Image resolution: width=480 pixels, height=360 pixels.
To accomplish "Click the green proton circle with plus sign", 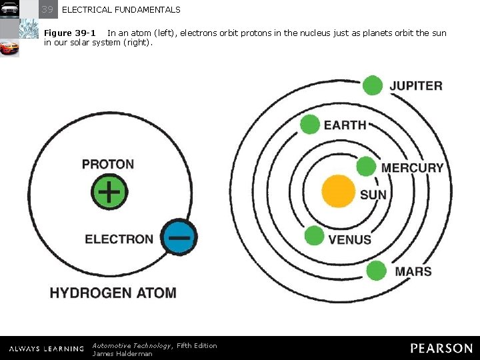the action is [x=109, y=191].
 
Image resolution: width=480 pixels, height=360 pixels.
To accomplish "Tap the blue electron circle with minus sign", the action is [x=179, y=236].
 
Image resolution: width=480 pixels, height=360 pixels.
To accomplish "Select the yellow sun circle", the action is [x=339, y=191].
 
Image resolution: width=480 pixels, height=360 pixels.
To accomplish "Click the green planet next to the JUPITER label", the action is [x=373, y=85].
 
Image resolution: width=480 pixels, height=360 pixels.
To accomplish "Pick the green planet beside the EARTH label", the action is [x=310, y=124].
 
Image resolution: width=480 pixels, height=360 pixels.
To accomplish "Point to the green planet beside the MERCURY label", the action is [x=366, y=166].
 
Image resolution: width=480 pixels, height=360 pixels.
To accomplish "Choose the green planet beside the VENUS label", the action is [x=314, y=235].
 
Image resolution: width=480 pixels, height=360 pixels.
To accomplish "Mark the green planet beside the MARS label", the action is [x=377, y=271].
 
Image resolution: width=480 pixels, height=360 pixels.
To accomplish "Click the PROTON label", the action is [x=108, y=164].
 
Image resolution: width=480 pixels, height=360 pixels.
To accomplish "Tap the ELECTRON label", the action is [x=119, y=239].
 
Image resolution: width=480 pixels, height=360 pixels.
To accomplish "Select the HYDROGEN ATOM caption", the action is [x=113, y=293].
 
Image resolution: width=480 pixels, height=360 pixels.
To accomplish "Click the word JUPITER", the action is [x=416, y=86].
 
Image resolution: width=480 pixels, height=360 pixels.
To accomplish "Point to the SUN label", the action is [x=373, y=195].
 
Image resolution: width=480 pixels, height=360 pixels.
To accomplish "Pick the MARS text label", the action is [x=413, y=271].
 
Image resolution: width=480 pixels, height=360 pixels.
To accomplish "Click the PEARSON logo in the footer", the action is [x=441, y=348].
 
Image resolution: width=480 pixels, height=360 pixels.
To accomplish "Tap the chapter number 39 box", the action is [x=47, y=9].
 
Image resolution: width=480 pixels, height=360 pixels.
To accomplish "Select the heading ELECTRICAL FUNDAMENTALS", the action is [x=121, y=10].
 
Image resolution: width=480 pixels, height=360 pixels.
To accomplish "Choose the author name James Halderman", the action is [x=122, y=353].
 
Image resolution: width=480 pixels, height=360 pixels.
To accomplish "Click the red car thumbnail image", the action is [x=9, y=48].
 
